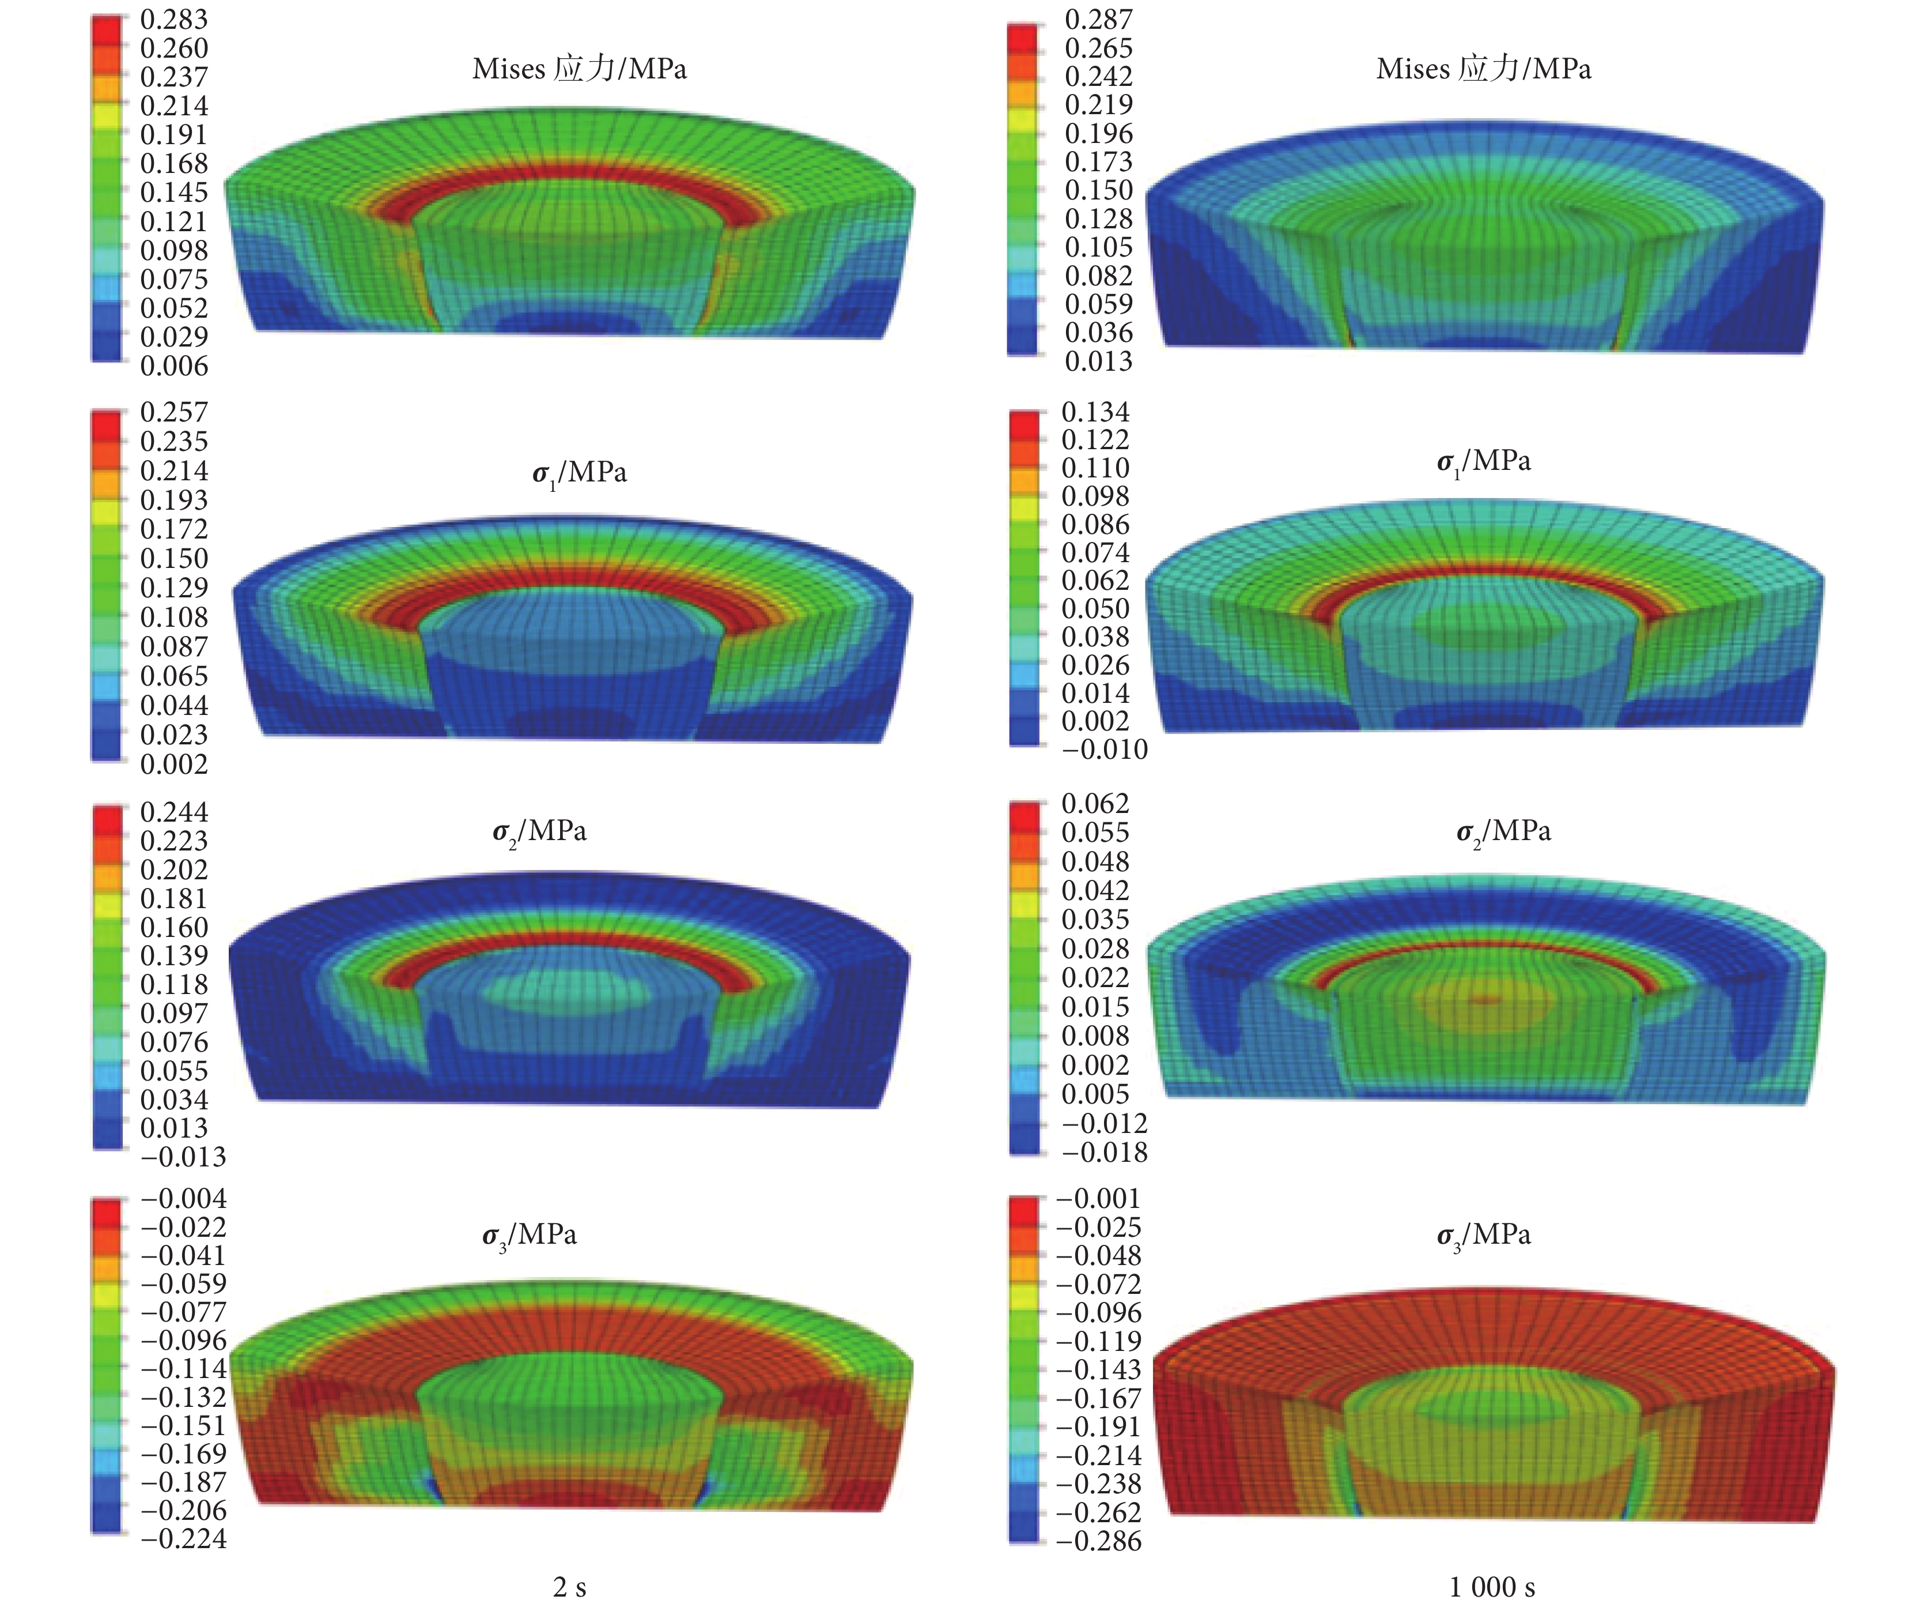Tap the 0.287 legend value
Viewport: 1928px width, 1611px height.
1098,19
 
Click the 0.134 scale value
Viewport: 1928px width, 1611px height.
1095,412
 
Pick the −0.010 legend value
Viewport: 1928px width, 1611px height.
1105,750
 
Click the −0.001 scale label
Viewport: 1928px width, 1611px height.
1099,1199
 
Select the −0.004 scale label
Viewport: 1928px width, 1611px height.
184,1199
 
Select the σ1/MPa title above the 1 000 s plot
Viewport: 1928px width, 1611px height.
1484,461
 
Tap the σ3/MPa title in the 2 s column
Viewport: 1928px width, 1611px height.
530,1235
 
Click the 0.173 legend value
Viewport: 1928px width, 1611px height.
1098,161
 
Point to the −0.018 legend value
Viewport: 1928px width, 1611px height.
1105,1152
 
